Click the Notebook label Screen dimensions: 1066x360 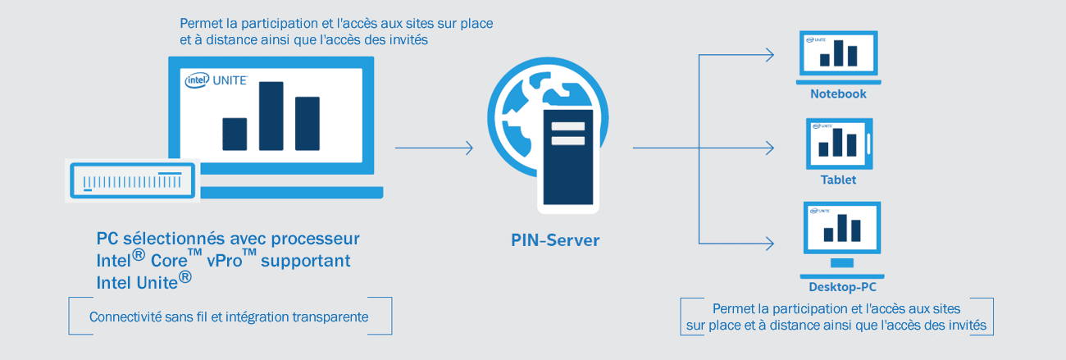[x=838, y=93]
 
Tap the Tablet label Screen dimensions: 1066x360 [x=838, y=180]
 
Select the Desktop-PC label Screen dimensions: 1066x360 [x=842, y=287]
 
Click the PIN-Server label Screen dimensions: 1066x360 [x=555, y=240]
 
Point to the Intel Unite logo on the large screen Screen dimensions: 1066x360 [x=216, y=80]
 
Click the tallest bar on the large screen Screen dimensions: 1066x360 [x=271, y=116]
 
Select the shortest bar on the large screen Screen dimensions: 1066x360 [x=235, y=134]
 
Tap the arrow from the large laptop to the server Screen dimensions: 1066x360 [x=434, y=148]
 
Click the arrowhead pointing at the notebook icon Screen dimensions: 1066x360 [x=769, y=55]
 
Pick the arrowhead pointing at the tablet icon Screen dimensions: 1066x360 [x=769, y=148]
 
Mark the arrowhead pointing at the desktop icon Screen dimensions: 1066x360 [x=769, y=244]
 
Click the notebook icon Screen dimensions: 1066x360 [x=839, y=57]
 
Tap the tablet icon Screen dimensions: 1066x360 [x=840, y=144]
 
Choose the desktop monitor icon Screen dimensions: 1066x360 [x=842, y=239]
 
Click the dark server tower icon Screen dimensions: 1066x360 [x=568, y=161]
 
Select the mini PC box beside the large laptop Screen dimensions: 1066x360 [x=132, y=180]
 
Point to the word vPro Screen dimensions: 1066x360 [x=225, y=260]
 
